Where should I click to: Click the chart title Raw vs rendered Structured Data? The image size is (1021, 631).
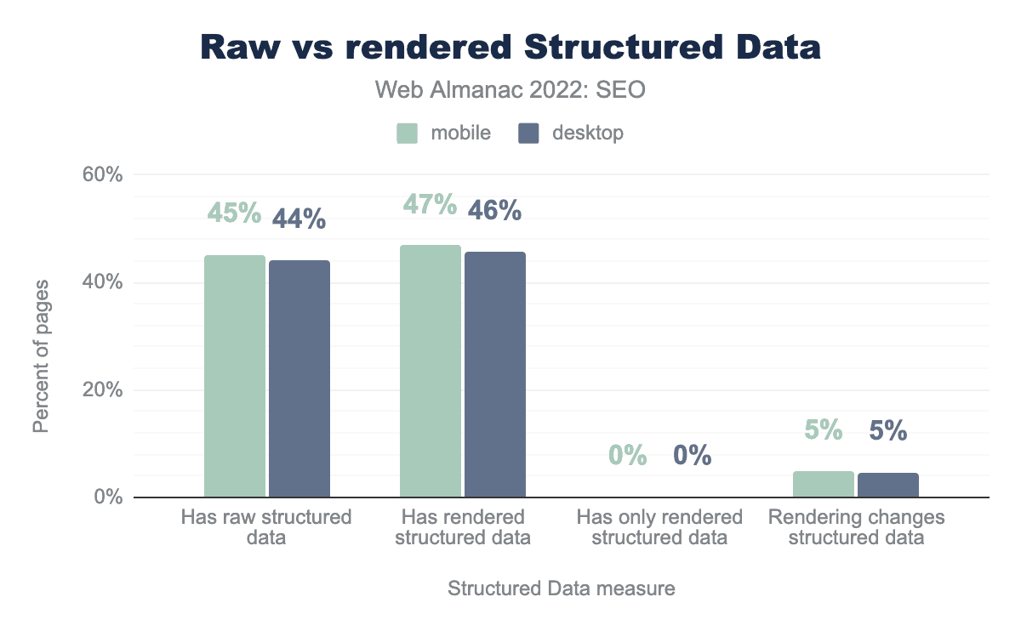click(x=510, y=48)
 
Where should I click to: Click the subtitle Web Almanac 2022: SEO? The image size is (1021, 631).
click(x=510, y=90)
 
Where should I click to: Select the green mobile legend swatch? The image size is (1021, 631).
click(x=407, y=134)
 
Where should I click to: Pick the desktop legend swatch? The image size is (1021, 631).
click(x=529, y=134)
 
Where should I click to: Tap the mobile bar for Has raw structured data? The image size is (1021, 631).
click(x=235, y=376)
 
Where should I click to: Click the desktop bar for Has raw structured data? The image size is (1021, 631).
click(x=299, y=378)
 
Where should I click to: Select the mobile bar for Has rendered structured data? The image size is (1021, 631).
click(x=431, y=371)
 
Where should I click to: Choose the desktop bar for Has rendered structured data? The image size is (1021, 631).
click(x=495, y=374)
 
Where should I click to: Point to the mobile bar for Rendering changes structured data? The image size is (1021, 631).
click(x=823, y=484)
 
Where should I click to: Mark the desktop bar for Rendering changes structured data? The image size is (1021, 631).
click(x=887, y=485)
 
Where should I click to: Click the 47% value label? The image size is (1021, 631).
click(x=431, y=205)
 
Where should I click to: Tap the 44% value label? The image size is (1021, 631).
click(x=299, y=219)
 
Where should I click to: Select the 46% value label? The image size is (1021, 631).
click(x=495, y=210)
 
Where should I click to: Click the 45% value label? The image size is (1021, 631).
click(x=235, y=213)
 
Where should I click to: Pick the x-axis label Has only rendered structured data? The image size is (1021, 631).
click(x=659, y=527)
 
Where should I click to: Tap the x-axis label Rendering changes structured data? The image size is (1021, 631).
click(x=856, y=527)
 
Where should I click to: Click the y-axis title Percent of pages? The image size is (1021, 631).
click(x=41, y=355)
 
